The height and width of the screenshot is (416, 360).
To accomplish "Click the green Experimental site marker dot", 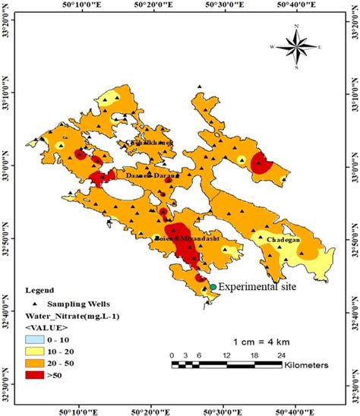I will coord(213,287).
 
